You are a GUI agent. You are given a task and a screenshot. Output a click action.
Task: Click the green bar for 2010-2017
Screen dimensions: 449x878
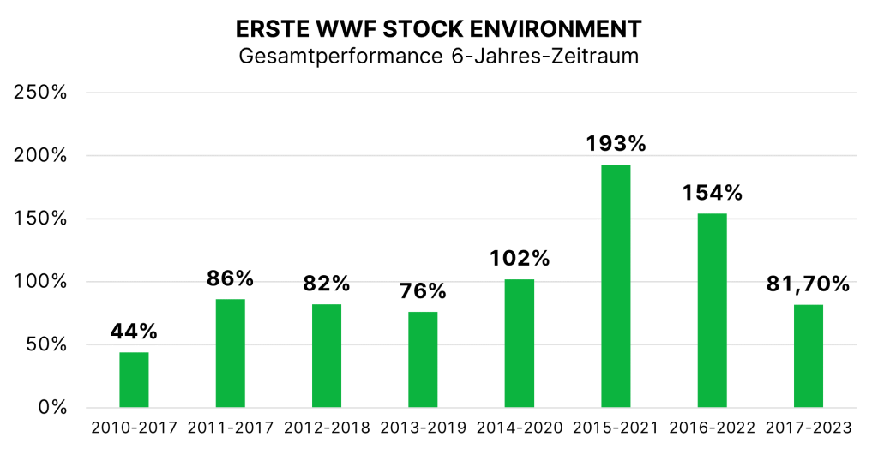coord(134,380)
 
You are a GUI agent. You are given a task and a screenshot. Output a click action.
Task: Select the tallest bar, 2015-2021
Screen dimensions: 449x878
coord(616,285)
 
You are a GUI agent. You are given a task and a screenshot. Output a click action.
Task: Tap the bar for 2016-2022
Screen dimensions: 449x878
coord(712,310)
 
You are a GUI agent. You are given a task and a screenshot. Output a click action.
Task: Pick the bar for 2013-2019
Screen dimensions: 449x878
coord(423,359)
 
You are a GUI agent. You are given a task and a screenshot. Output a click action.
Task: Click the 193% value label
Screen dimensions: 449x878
coord(616,143)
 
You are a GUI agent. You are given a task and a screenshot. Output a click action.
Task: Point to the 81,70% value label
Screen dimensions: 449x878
coord(809,283)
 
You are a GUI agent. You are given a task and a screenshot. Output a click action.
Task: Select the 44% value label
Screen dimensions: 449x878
coord(134,332)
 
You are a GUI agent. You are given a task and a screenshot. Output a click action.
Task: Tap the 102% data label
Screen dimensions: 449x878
coord(520,258)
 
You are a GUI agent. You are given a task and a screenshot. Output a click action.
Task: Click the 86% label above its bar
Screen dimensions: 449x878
coord(230,278)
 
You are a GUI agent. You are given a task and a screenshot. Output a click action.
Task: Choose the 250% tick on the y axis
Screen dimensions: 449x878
coord(41,93)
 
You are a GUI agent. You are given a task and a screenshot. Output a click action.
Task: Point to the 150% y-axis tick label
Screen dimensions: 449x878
coord(41,219)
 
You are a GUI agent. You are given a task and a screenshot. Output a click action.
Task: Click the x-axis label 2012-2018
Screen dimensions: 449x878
coord(327,428)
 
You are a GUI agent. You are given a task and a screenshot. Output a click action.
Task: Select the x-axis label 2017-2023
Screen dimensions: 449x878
coord(809,428)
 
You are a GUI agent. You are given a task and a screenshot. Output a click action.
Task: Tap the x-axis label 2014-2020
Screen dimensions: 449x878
coord(520,428)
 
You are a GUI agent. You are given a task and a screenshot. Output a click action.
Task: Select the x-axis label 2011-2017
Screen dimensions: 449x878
coord(230,428)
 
